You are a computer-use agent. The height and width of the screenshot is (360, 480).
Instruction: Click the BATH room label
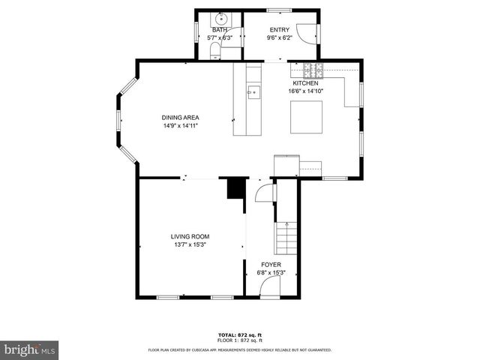219,29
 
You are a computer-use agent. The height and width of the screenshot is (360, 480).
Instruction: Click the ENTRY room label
279,29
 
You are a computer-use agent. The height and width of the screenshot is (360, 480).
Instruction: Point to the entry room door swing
305,31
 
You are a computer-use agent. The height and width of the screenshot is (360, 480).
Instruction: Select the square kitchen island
306,115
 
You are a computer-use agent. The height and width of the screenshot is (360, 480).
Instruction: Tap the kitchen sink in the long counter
253,92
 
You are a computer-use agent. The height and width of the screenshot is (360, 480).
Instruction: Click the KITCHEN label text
305,83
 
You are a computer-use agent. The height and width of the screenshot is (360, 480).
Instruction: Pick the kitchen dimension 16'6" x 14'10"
305,91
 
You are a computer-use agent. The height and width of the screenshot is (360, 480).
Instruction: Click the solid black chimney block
236,188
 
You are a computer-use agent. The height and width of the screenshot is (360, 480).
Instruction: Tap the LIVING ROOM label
190,236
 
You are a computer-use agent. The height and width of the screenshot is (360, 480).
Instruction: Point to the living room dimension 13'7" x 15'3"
190,244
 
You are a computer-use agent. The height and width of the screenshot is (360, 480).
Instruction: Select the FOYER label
271,265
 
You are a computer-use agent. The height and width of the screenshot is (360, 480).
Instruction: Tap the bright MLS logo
29,350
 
